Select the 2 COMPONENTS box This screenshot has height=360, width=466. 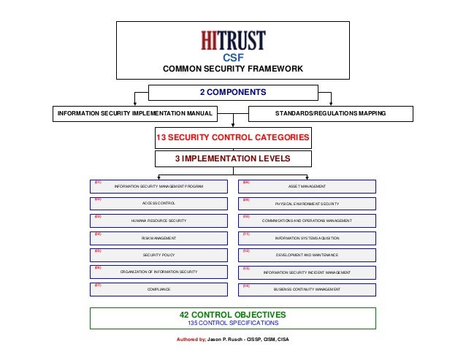233,92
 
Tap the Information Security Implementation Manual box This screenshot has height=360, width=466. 135,114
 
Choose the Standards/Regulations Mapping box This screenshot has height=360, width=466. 331,114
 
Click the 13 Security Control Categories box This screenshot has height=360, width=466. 233,137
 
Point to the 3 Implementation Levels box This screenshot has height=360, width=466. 233,158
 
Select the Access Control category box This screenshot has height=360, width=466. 158,204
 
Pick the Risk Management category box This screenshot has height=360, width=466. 158,238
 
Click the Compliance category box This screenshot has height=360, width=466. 158,289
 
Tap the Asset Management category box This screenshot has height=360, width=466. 308,186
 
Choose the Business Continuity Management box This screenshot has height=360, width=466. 308,289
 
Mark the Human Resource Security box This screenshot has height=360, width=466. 158,221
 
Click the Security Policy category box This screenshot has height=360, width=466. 158,255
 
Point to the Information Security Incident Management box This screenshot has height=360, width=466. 308,272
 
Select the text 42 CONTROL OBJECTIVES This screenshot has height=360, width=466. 233,315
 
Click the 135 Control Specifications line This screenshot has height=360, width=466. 233,323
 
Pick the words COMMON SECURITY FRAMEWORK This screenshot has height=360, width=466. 233,69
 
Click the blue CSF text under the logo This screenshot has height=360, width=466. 233,57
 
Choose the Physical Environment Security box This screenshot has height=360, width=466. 308,204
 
